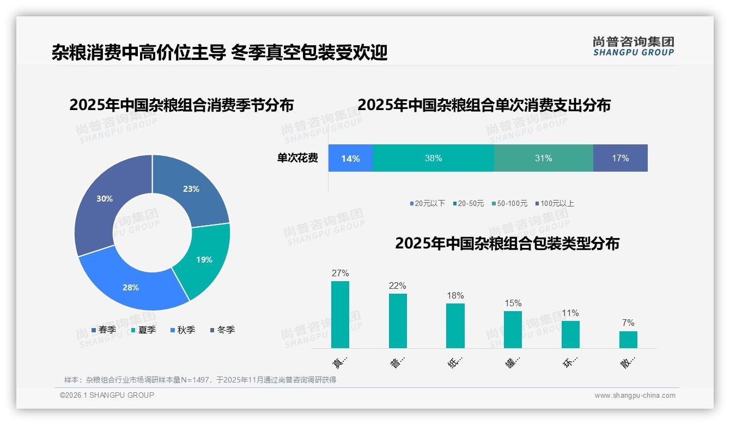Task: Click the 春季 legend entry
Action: pos(104,330)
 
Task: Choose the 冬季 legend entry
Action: pos(222,330)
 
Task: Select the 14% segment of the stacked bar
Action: pos(350,159)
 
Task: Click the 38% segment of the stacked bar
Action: pos(433,159)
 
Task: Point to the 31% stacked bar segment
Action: pos(543,159)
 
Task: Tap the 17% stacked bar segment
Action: pos(620,159)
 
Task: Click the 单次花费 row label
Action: pos(297,159)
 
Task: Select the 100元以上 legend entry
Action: pos(554,204)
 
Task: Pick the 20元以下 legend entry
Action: pos(428,204)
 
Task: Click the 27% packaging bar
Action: pos(340,314)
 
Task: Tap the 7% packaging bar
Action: pos(628,339)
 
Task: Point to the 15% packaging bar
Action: pos(513,329)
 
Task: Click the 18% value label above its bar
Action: pos(455,296)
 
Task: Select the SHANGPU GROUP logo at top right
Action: pos(634,46)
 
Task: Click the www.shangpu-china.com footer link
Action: pos(635,396)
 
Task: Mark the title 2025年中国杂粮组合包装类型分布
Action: pos(507,244)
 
